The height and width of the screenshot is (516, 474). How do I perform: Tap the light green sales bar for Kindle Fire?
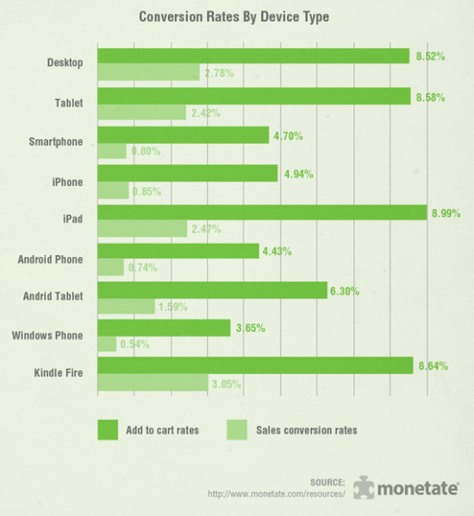pyautogui.click(x=153, y=384)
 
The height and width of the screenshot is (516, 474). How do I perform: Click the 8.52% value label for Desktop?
pyautogui.click(x=429, y=57)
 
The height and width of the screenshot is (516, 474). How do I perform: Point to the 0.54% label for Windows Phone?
pyautogui.click(x=134, y=345)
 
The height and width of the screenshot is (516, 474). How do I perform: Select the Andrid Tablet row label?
pyautogui.click(x=53, y=295)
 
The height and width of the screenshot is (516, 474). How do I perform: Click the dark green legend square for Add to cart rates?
pyautogui.click(x=108, y=428)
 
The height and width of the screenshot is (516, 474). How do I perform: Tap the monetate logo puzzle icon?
pyautogui.click(x=364, y=487)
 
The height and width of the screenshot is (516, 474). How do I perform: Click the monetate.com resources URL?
pyautogui.click(x=277, y=494)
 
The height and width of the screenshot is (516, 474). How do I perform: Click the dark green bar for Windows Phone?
pyautogui.click(x=164, y=328)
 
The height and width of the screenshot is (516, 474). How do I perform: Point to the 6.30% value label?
pyautogui.click(x=344, y=291)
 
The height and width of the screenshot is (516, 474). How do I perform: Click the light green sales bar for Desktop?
pyautogui.click(x=148, y=73)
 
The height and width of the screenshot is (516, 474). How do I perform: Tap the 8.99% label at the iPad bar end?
pyautogui.click(x=446, y=213)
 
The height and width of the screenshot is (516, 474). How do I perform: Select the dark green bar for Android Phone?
pyautogui.click(x=178, y=252)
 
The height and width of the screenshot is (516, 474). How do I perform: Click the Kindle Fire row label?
pyautogui.click(x=58, y=373)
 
